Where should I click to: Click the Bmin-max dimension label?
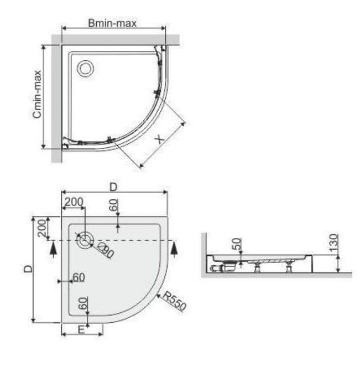click(x=112, y=23)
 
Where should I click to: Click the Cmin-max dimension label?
click(x=37, y=94)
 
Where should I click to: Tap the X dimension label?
click(x=159, y=140)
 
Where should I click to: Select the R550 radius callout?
click(x=175, y=301)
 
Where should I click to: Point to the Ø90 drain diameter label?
click(x=106, y=250)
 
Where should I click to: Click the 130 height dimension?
click(x=333, y=243)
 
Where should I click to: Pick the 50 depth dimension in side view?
click(x=237, y=244)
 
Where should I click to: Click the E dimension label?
click(x=81, y=330)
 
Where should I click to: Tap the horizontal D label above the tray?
click(x=113, y=187)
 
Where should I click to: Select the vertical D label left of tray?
click(x=28, y=269)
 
